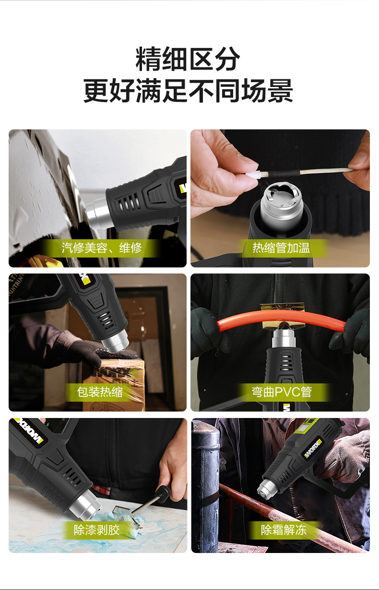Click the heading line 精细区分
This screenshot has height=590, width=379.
click(x=188, y=59)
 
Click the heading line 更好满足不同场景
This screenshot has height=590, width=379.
click(x=188, y=91)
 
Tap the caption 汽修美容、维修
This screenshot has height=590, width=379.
click(x=102, y=248)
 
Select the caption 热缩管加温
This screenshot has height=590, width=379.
click(x=281, y=248)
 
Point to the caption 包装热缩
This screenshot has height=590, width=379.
click(x=100, y=392)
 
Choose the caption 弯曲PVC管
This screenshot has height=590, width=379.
click(x=282, y=392)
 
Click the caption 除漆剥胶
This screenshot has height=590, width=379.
click(x=96, y=529)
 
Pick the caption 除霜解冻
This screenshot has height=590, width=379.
click(x=284, y=529)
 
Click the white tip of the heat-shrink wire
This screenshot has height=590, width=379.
click(x=253, y=174)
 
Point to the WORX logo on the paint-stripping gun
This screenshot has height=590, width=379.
click(x=29, y=430)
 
